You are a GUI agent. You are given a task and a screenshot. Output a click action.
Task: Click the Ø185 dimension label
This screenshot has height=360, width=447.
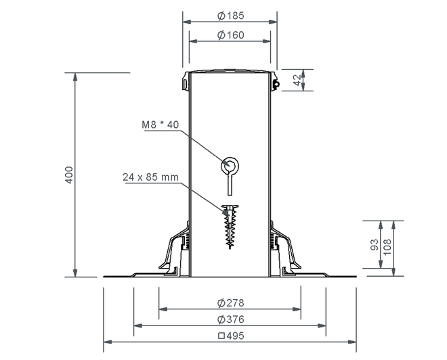point(231,16)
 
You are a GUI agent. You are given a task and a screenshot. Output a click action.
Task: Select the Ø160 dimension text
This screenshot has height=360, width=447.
point(231,35)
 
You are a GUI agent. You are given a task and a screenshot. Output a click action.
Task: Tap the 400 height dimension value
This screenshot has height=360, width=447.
point(69,175)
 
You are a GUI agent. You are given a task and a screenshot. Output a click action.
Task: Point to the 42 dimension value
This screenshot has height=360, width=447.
point(297,80)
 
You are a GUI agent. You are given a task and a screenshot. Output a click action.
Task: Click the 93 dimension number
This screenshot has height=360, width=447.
point(375,245)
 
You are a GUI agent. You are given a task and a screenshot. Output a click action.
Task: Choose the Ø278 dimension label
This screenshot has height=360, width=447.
point(231,302)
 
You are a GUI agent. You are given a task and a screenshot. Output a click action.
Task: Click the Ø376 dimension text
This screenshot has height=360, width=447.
point(231,319)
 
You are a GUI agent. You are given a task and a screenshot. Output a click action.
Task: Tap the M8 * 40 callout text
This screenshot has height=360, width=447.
point(161,125)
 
